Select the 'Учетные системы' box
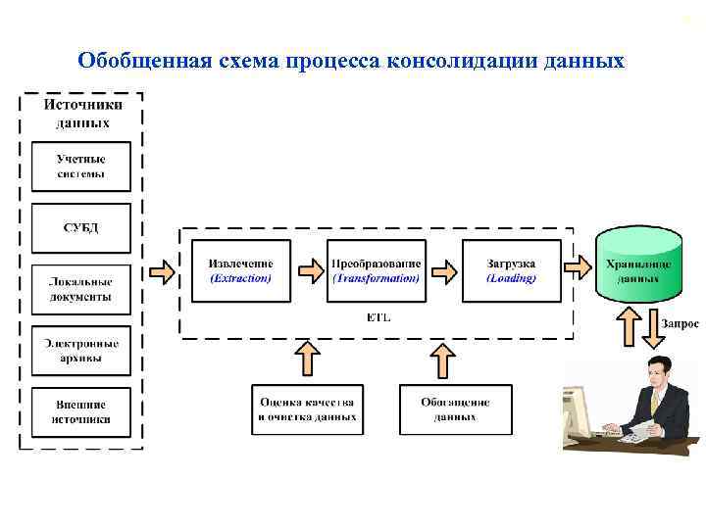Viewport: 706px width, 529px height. (81, 167)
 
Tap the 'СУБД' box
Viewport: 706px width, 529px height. (81, 228)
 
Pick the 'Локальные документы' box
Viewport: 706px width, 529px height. (81, 289)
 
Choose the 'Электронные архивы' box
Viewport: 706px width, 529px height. (81, 351)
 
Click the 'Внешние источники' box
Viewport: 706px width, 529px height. (81, 411)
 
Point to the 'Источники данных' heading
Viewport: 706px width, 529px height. (81, 114)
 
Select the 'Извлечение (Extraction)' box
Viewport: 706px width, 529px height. (240, 270)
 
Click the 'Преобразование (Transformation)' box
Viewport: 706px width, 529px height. (377, 270)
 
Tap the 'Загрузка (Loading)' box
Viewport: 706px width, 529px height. (511, 270)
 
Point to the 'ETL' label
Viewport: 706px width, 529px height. (377, 317)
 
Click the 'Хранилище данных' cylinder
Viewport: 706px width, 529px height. (638, 264)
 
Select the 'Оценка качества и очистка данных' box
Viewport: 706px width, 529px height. (307, 409)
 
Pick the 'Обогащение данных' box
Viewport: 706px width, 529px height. (455, 409)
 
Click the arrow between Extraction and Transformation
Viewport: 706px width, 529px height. (309, 268)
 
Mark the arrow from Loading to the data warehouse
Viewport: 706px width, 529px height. (579, 266)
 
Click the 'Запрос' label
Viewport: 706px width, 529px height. (680, 323)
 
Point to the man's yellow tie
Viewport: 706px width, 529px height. (655, 402)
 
